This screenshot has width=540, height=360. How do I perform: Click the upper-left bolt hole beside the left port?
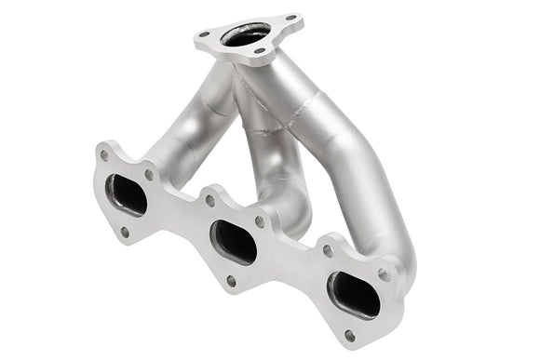coord(104,155)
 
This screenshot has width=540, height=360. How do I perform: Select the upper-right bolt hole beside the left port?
coord(149,174)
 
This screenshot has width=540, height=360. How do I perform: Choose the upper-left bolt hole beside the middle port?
coord(210,200)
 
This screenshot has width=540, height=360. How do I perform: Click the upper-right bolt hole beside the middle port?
coord(261,221)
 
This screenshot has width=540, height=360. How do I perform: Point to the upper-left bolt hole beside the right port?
coord(328,249)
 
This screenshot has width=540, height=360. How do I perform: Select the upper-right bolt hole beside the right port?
coord(383,274)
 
